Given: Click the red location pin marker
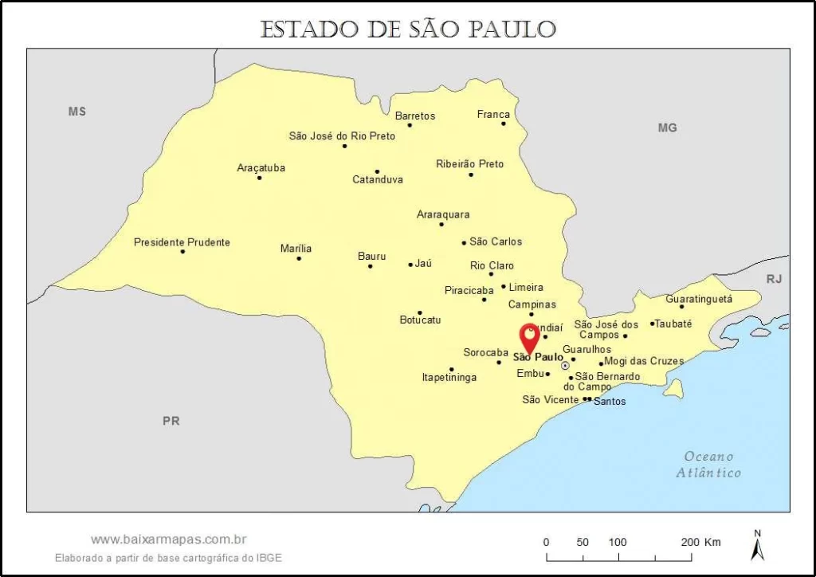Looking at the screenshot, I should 529,338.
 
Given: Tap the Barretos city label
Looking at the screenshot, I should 415,116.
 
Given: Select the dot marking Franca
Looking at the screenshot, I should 504,124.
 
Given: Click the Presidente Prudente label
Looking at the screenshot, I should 182,241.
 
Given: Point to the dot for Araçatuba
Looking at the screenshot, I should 259,177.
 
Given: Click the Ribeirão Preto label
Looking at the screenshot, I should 469,163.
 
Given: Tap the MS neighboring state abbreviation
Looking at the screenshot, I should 76,112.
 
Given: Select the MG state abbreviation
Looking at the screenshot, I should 667,128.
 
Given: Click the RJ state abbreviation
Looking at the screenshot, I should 774,279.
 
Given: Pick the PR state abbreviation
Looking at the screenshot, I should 171,421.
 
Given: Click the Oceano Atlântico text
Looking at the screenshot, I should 708,465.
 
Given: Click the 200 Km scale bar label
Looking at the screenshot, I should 700,542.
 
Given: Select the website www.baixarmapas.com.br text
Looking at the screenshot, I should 168,540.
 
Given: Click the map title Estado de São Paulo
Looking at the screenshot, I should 407,29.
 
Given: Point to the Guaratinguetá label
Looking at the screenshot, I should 699,299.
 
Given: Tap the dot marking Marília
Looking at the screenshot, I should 299,258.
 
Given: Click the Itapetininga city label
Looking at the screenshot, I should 449,377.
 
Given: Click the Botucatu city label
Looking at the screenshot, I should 420,320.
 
